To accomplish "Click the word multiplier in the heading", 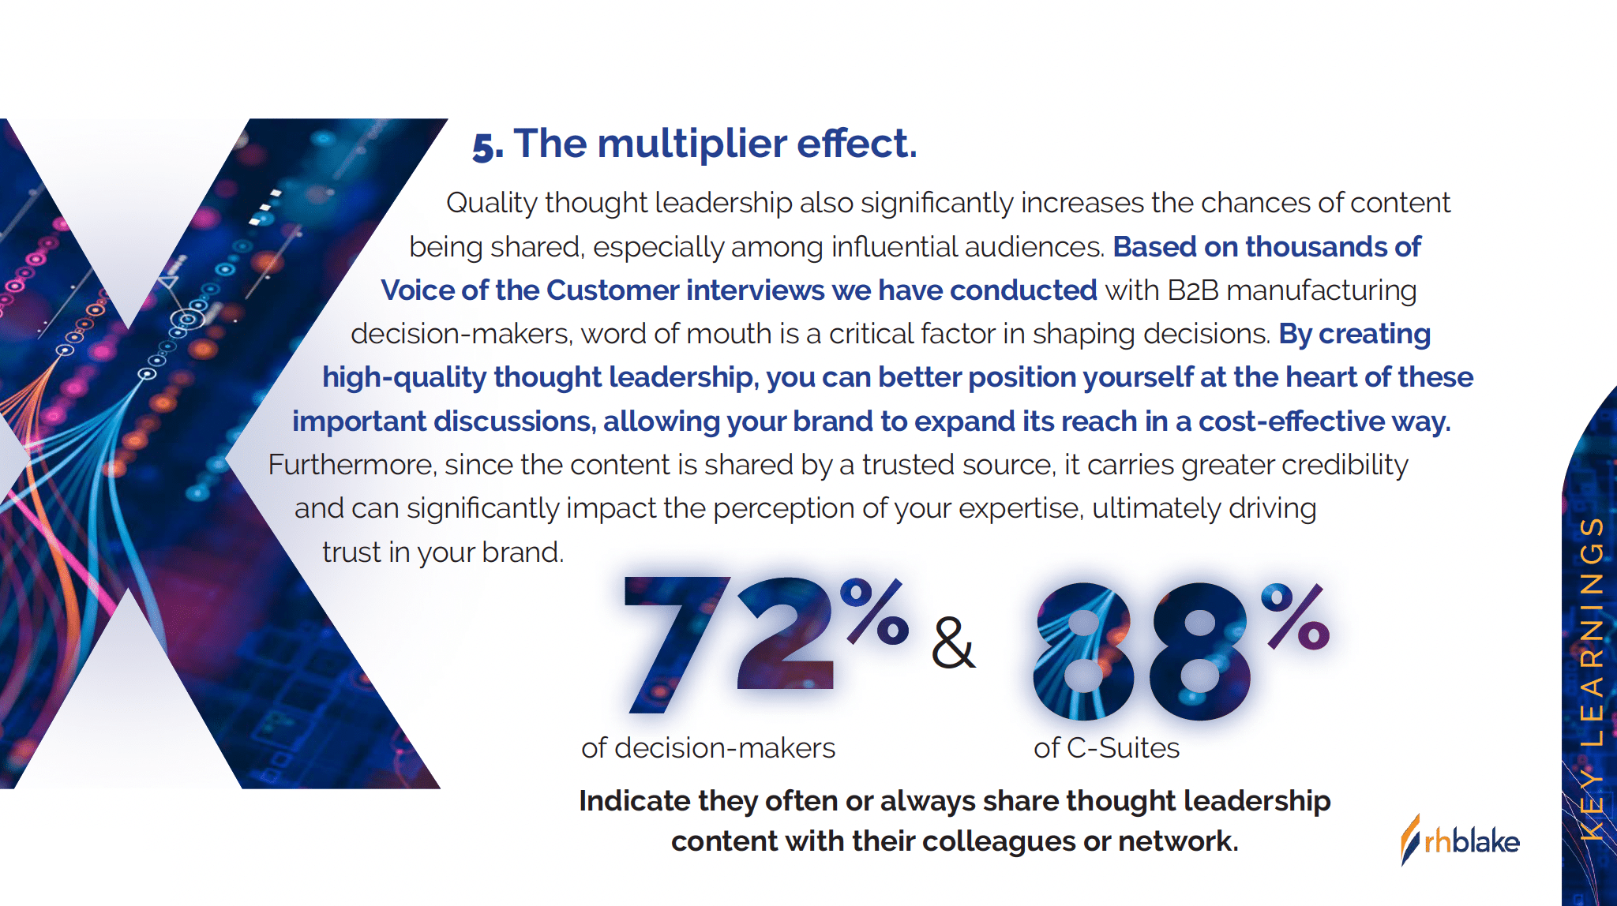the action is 692,144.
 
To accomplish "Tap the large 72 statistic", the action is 729,644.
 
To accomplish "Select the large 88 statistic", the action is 1142,651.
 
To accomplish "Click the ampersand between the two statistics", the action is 953,643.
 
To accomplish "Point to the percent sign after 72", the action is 874,612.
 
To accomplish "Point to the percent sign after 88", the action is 1296,616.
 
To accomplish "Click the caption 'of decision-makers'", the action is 708,747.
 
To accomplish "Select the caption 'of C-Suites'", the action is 1106,747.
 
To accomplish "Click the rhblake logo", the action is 1460,840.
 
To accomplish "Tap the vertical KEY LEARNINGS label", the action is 1592,679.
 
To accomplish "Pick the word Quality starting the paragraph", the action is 492,204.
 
